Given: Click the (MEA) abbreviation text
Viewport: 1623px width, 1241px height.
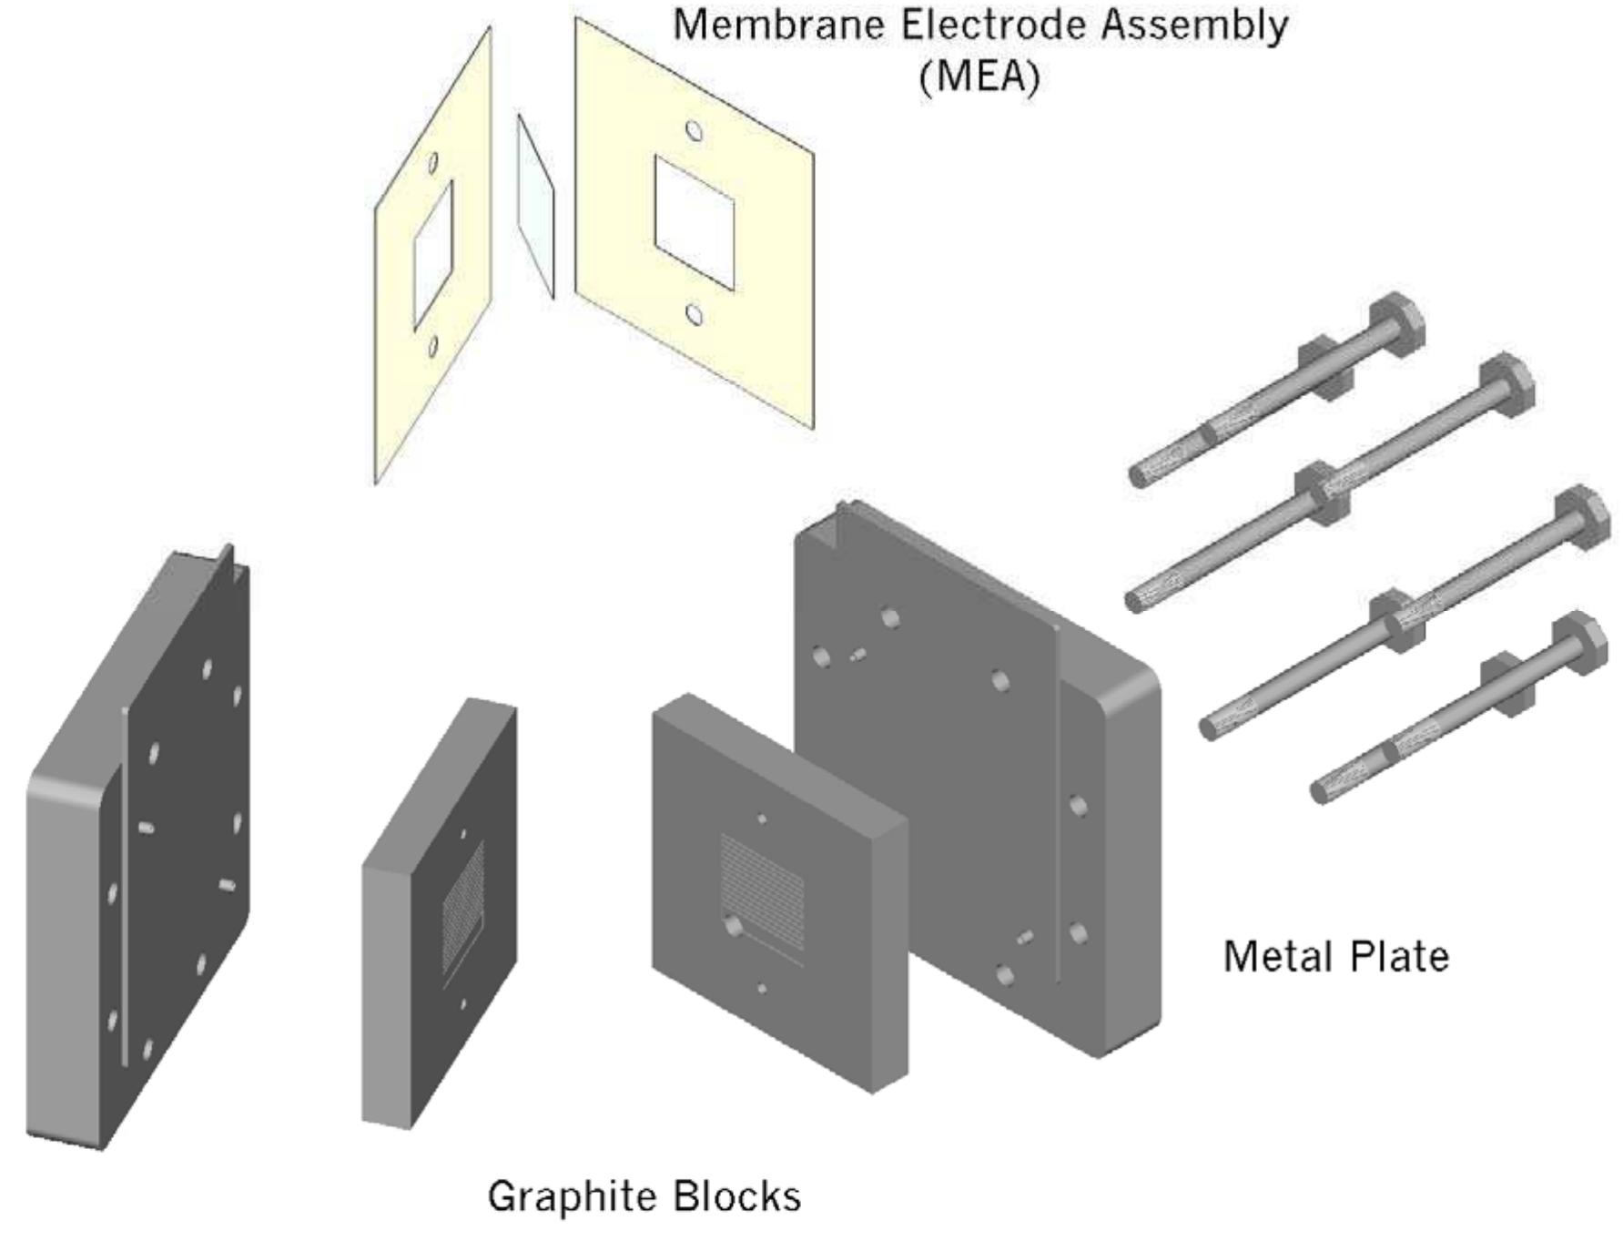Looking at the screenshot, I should [x=979, y=76].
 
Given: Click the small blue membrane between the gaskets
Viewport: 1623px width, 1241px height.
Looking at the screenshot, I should [x=535, y=206].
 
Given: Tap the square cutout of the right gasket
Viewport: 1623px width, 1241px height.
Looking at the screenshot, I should [x=694, y=223].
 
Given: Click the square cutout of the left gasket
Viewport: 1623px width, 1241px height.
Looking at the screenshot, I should [x=433, y=255].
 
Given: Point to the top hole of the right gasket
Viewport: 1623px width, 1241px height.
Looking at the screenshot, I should [x=694, y=131].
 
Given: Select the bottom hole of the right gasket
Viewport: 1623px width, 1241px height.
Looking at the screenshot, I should [x=694, y=315].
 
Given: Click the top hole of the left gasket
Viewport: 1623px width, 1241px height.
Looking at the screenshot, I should [x=433, y=163].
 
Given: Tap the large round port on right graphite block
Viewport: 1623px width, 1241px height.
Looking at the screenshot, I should [x=734, y=926].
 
